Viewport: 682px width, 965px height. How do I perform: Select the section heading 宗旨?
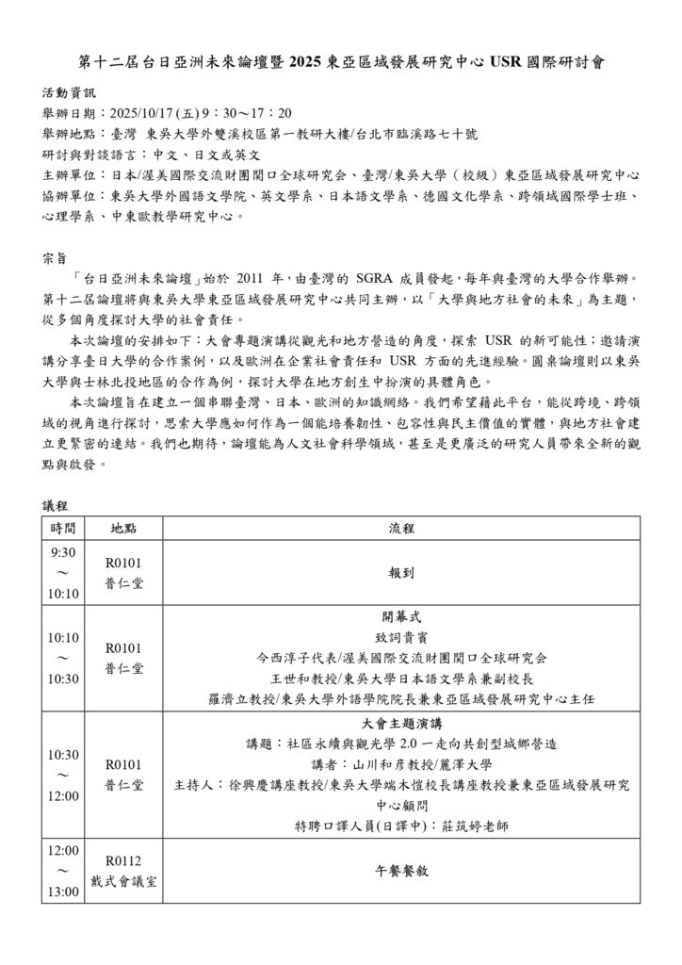tap(56, 258)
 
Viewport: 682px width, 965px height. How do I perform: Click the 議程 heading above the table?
tap(56, 506)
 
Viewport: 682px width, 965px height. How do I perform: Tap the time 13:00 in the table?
tap(63, 891)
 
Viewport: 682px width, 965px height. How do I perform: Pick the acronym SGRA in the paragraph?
tap(379, 279)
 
